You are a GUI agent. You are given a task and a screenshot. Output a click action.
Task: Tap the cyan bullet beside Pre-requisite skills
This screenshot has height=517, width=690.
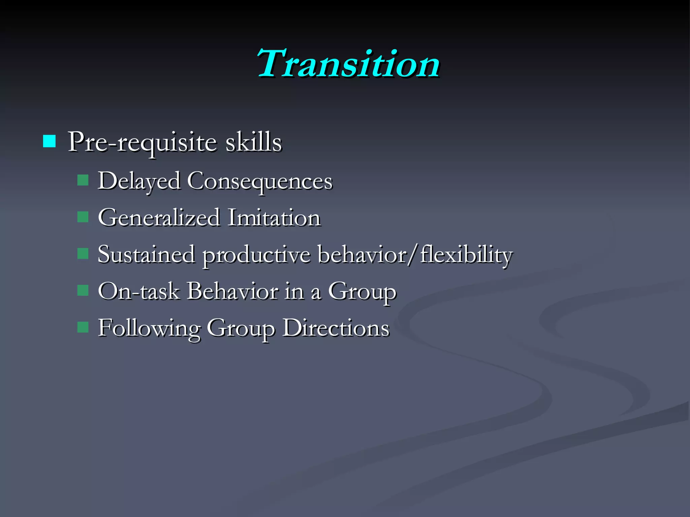49,141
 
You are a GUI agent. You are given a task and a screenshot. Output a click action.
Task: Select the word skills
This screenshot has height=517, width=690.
253,142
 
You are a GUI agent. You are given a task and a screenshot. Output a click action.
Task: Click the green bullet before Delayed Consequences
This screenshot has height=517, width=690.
83,180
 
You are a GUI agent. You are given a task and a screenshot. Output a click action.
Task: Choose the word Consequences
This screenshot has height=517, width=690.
260,182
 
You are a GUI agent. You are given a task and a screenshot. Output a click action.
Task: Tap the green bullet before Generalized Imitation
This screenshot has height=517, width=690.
83,217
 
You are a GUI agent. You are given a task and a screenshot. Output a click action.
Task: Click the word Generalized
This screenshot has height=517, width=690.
159,218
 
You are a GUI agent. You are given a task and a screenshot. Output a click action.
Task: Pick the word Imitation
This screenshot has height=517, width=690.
274,218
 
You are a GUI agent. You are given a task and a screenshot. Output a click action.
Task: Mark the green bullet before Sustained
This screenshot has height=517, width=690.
83,253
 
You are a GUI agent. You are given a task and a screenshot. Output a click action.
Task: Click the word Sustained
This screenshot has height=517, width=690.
146,254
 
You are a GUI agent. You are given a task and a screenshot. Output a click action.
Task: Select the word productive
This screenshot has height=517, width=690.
256,255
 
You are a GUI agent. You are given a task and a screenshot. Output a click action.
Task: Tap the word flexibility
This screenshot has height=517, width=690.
467,255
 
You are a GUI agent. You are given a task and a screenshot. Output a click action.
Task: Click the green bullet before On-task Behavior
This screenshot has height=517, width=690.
83,290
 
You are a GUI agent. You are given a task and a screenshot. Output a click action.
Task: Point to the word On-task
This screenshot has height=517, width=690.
138,291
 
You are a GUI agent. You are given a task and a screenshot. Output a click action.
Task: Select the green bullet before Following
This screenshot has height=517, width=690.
83,327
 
